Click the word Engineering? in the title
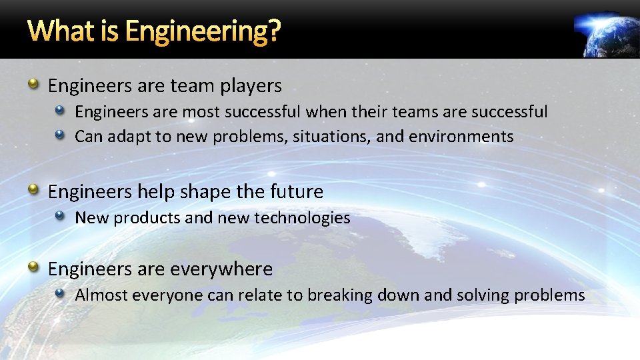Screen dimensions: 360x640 pyautogui.click(x=203, y=31)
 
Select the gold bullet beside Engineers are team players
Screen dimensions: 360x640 pyautogui.click(x=33, y=85)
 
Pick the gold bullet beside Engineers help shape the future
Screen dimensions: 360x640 pyautogui.click(x=33, y=191)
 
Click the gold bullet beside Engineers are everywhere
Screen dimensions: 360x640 pyautogui.click(x=33, y=268)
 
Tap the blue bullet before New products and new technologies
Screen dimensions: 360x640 pyautogui.click(x=61, y=217)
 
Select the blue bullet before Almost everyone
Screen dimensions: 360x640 pyautogui.click(x=61, y=294)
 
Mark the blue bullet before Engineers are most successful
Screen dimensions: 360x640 pyautogui.click(x=61, y=111)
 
